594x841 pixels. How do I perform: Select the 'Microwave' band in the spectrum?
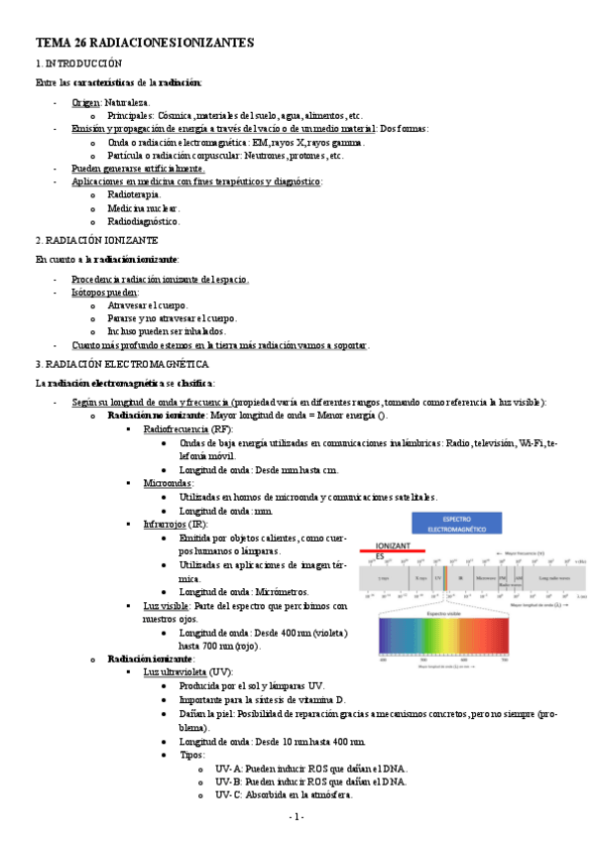click(x=486, y=576)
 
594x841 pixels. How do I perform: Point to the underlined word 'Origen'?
click(x=85, y=102)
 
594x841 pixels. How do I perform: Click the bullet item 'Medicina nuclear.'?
click(x=144, y=208)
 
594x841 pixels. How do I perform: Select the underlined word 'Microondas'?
click(x=168, y=483)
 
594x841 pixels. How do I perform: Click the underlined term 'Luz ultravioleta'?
click(x=177, y=671)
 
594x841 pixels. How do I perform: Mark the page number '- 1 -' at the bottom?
click(x=297, y=816)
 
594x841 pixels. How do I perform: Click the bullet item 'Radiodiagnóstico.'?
click(x=144, y=222)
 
